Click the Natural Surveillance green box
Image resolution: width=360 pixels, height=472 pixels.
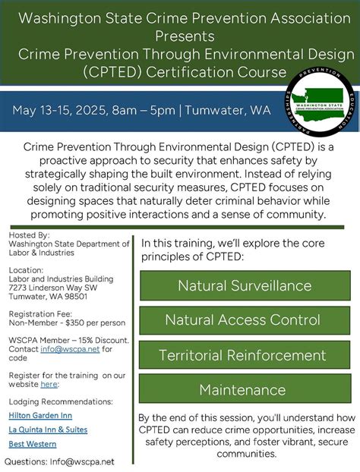coord(245,285)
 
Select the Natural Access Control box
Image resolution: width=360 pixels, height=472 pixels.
coord(245,320)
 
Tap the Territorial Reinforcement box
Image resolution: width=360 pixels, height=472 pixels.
coord(245,355)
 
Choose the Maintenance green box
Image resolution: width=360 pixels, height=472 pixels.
coord(245,390)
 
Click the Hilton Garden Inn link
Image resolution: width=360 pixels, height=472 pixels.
coord(40,415)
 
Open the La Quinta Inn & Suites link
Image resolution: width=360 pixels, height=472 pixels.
coord(48,429)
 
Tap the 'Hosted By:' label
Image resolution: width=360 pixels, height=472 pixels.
coord(29,235)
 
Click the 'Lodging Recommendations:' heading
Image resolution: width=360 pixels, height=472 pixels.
coord(61,401)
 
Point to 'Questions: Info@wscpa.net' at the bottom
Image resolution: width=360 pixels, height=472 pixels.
coord(60,461)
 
